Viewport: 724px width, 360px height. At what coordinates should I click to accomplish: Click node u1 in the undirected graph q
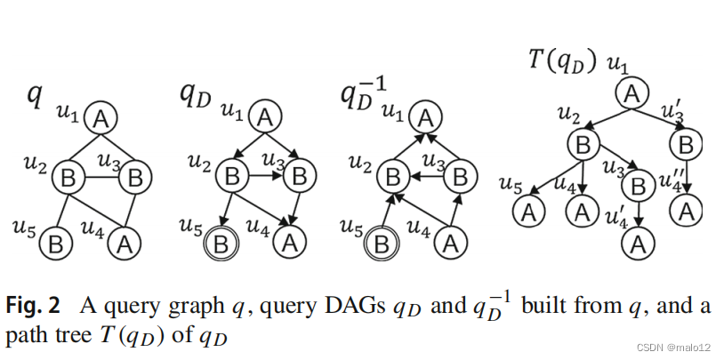(x=101, y=117)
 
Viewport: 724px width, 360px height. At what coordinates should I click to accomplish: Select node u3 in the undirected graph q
(x=134, y=177)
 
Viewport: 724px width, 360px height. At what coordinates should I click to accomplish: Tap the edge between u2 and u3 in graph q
(x=100, y=177)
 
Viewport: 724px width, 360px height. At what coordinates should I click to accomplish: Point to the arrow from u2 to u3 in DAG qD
(x=264, y=177)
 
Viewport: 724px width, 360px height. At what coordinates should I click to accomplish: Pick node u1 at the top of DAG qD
(x=265, y=116)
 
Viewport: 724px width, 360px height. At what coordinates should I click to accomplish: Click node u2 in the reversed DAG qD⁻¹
(x=391, y=177)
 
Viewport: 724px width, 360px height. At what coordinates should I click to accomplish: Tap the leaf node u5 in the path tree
(x=530, y=212)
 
